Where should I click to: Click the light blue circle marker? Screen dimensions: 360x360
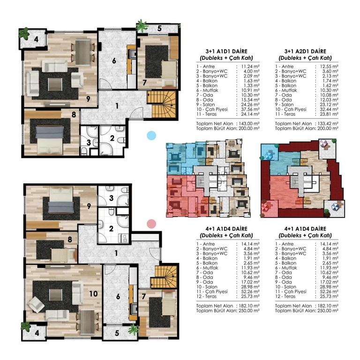(x=151, y=135)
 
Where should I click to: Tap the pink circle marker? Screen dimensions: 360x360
(x=151, y=224)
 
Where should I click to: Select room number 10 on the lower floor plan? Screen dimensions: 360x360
(x=93, y=293)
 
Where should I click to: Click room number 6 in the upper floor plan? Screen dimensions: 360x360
(x=114, y=61)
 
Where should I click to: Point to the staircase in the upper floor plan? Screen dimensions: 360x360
(x=161, y=105)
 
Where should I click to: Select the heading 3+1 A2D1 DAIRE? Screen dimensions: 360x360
(x=305, y=51)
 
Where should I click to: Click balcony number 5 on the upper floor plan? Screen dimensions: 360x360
(x=159, y=29)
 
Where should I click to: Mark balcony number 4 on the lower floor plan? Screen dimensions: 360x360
(x=37, y=333)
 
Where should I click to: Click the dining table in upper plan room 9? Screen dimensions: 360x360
(x=82, y=52)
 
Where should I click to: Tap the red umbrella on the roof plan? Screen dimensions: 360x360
(x=267, y=207)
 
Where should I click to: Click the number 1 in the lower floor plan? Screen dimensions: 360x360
(x=116, y=253)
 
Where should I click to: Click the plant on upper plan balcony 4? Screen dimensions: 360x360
(x=24, y=34)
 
